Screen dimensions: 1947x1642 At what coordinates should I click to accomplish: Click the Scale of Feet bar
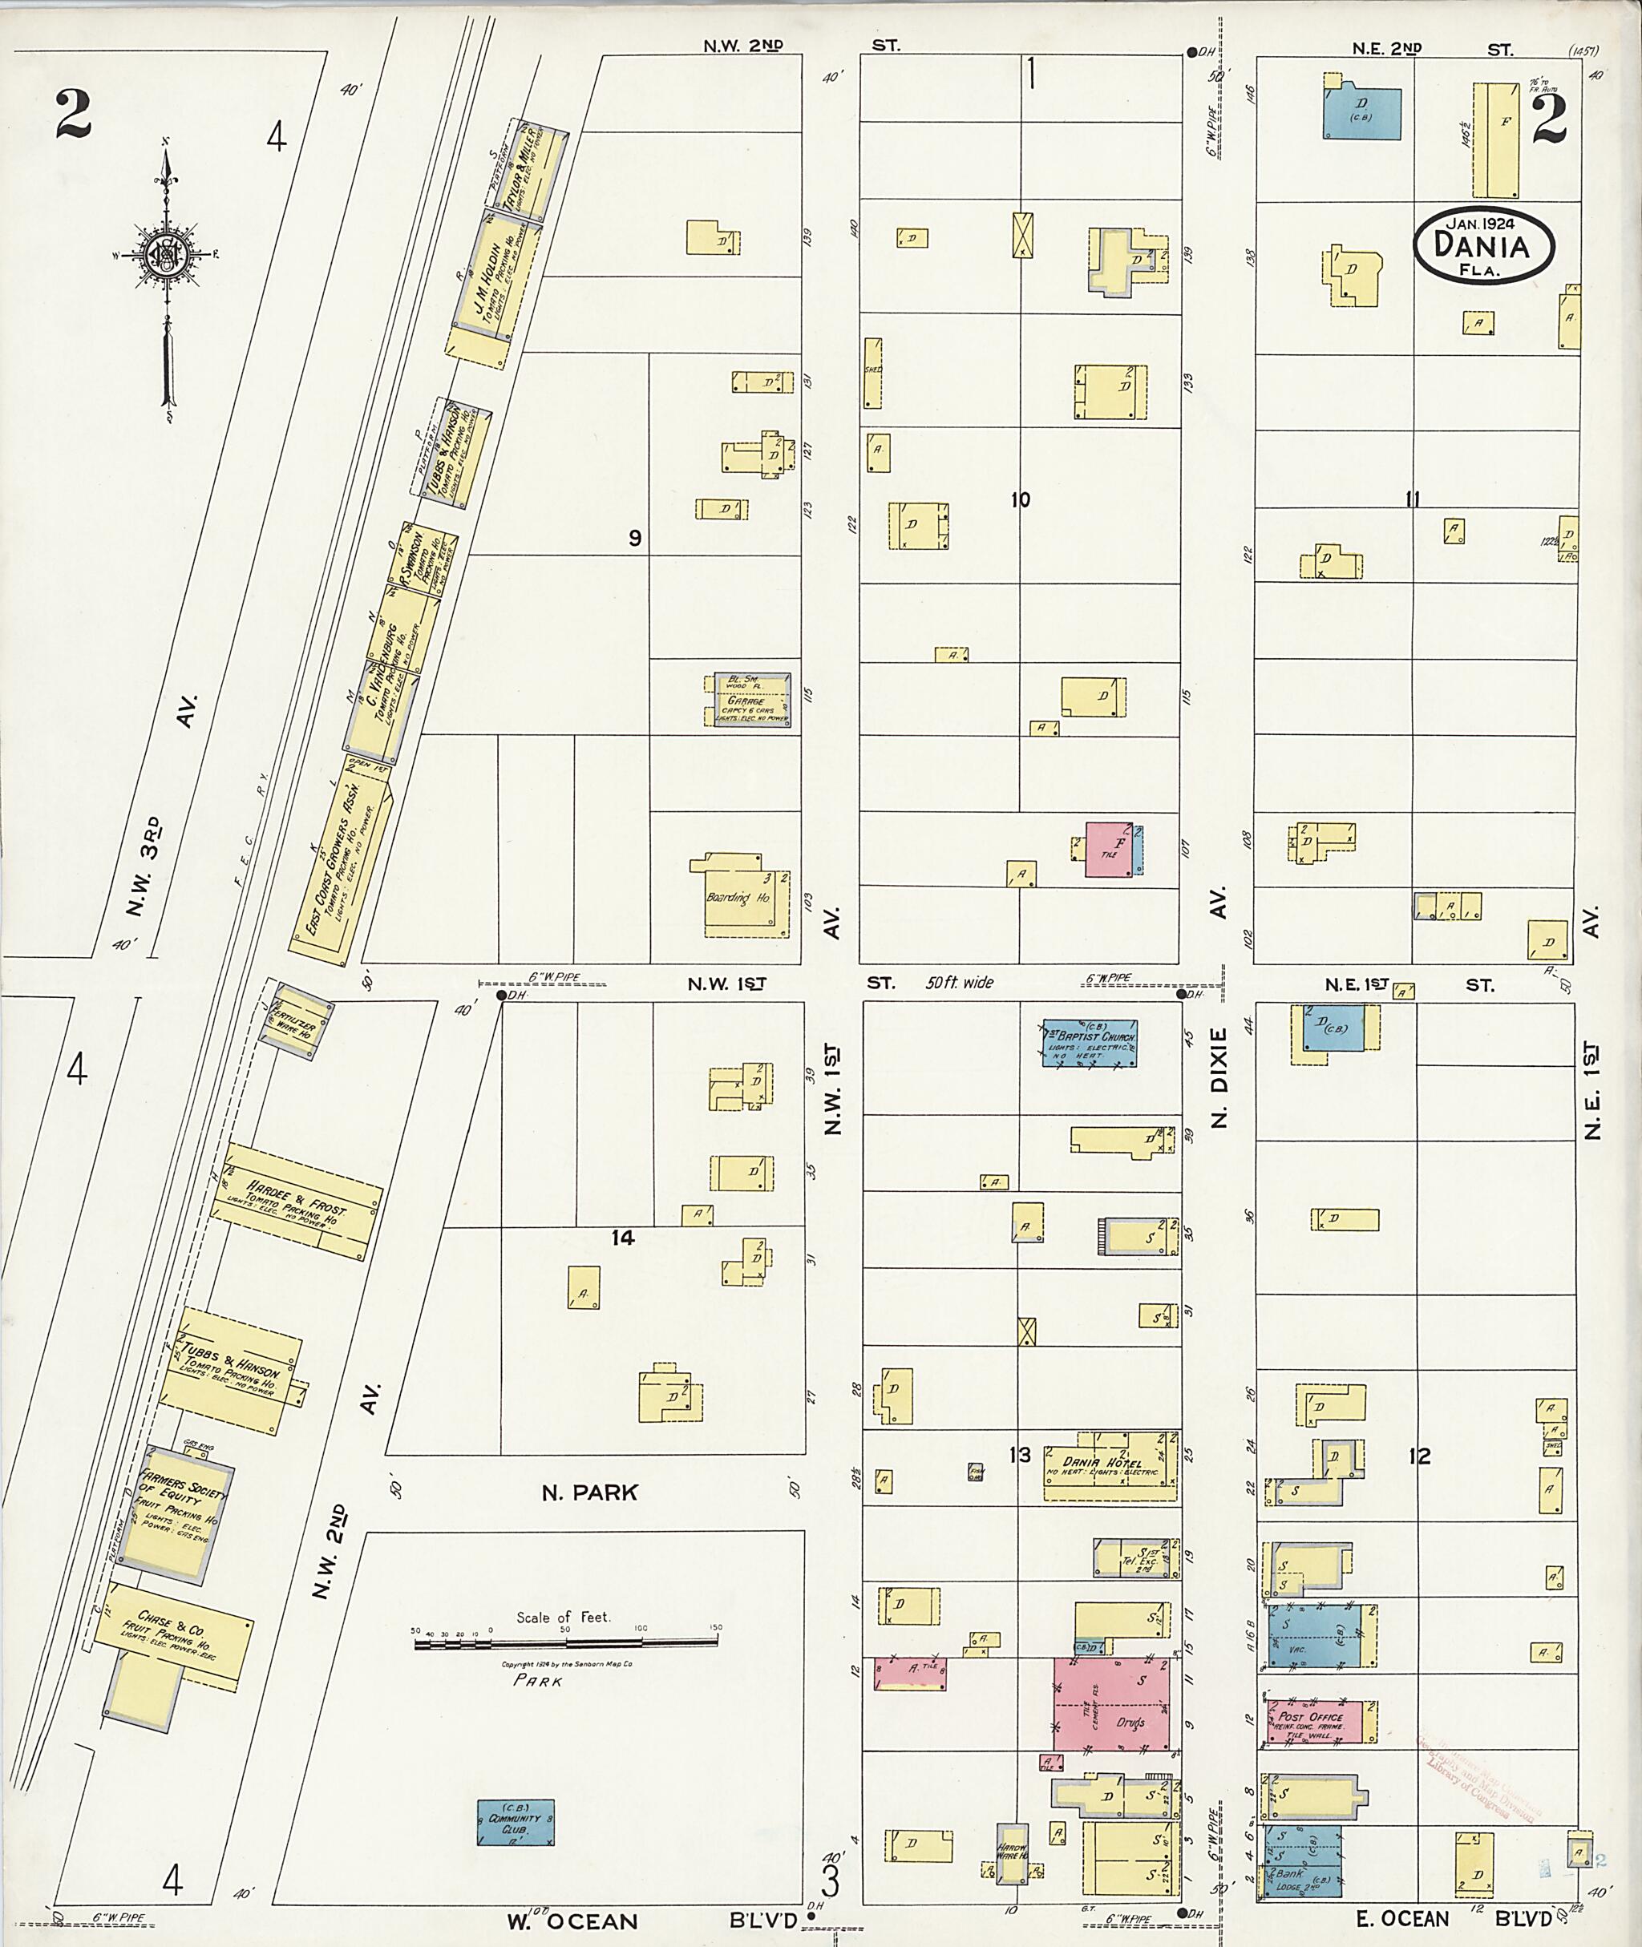click(565, 1645)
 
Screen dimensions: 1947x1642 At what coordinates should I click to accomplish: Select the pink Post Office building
click(1313, 1722)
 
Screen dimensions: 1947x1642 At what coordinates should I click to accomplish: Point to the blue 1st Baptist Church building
click(1089, 1042)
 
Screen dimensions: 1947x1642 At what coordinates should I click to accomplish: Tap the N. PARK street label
click(589, 1493)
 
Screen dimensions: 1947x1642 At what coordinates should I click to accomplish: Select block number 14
click(623, 1238)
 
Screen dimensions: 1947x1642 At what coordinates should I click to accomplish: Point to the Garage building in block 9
click(746, 700)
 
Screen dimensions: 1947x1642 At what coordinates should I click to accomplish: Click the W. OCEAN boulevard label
click(572, 1921)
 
